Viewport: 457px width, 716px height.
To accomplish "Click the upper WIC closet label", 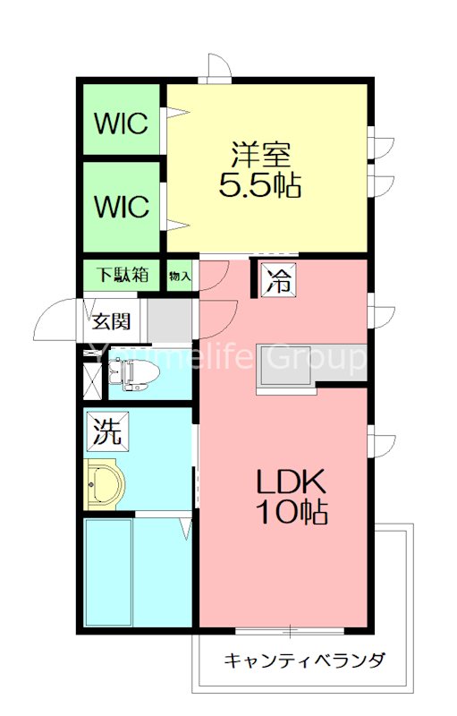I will click(x=123, y=123).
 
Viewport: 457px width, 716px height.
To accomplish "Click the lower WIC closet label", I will click(x=123, y=207).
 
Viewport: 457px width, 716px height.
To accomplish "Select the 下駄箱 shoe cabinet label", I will click(x=123, y=275).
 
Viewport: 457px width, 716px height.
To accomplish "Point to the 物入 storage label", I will click(x=180, y=276).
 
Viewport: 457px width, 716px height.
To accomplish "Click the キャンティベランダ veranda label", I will click(x=304, y=661).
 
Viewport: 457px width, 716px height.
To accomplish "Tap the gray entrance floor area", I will click(x=170, y=320).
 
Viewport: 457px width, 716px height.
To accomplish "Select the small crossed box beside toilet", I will click(x=93, y=379).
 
